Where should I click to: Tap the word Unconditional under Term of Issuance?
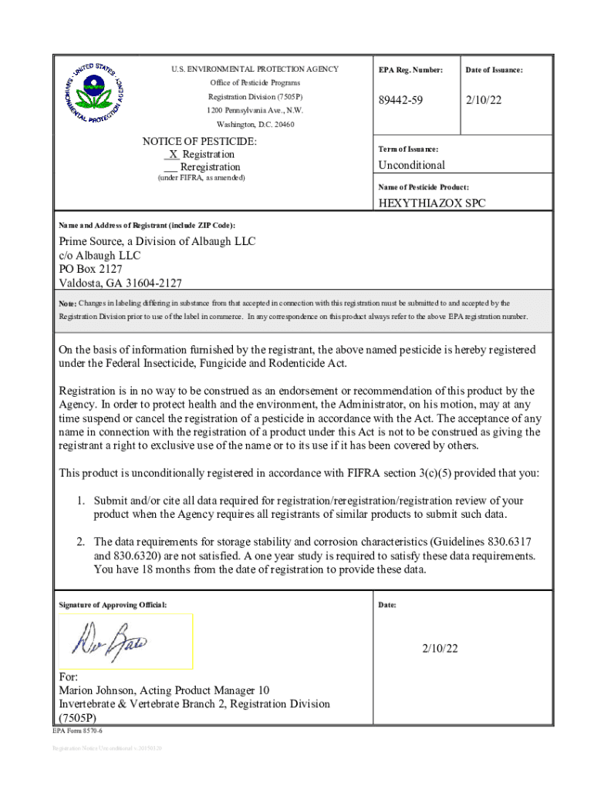[x=411, y=165]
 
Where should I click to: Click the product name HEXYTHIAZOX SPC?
[x=431, y=203]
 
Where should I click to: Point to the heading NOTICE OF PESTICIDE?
[x=200, y=142]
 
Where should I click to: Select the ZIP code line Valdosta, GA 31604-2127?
[x=120, y=283]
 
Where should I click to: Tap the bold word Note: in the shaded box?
[x=68, y=304]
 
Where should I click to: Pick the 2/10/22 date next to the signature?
[x=440, y=649]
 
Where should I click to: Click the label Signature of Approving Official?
[x=113, y=605]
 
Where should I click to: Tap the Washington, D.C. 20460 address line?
[x=255, y=124]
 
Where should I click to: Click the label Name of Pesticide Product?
[x=424, y=187]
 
